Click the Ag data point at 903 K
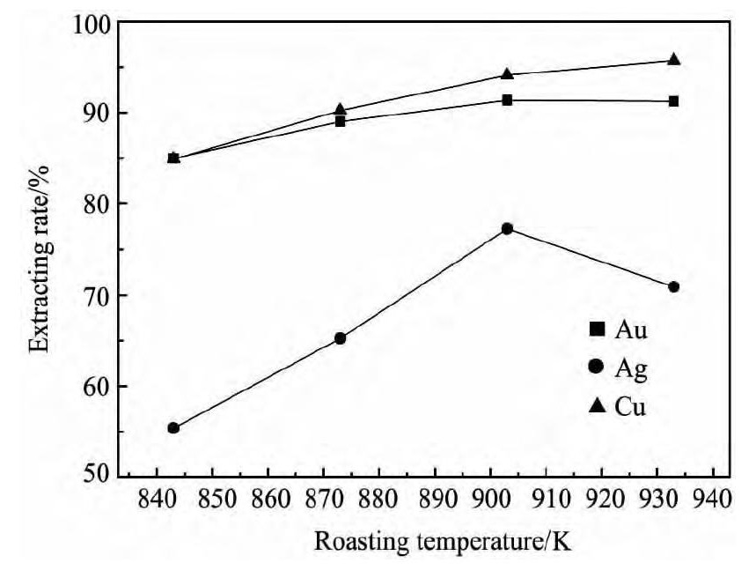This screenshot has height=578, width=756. point(507,228)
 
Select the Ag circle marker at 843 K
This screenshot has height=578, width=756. point(173,428)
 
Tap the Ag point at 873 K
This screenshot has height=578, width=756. point(341,338)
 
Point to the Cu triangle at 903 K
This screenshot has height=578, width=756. point(507,74)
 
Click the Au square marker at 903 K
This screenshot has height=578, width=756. point(507,100)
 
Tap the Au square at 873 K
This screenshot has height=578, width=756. point(341,122)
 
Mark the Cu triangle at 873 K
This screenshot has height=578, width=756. point(341,110)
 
